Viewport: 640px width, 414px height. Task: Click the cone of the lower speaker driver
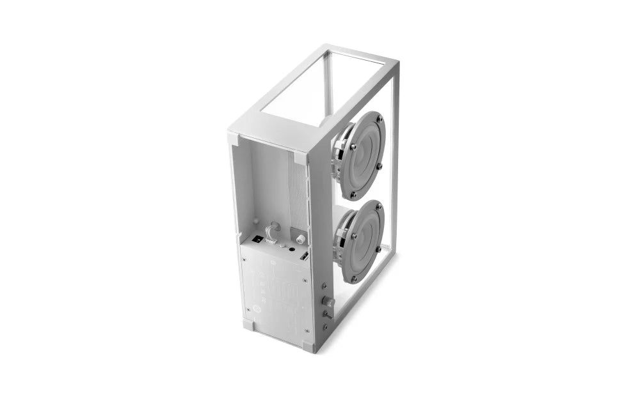364,241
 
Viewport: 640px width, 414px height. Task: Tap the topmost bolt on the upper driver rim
380,119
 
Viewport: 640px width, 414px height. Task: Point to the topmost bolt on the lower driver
380,206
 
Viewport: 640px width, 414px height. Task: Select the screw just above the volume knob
326,287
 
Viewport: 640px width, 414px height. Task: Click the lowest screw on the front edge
325,327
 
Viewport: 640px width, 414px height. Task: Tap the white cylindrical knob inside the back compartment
300,238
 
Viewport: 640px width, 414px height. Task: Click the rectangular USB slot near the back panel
304,256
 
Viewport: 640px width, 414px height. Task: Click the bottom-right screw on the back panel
306,331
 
